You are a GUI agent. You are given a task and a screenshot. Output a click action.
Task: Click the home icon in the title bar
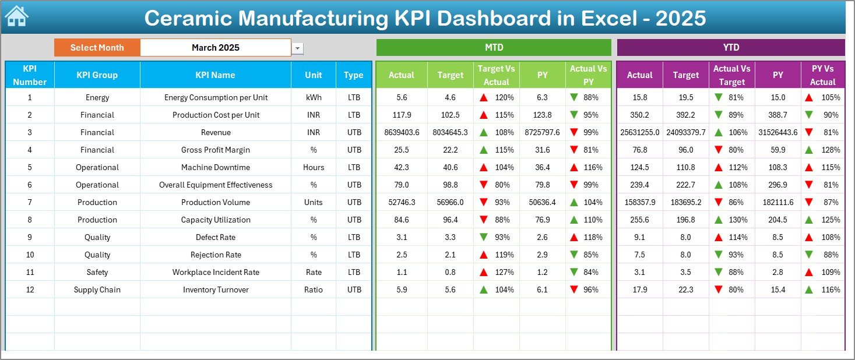click(16, 17)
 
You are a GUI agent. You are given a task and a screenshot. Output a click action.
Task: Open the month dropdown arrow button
click(298, 48)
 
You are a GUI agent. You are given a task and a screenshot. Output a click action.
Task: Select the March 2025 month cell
click(216, 48)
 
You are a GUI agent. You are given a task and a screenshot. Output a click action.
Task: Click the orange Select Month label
click(97, 48)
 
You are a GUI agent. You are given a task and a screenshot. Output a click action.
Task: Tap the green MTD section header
click(494, 47)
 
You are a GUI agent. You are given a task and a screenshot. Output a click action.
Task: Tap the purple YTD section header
click(731, 47)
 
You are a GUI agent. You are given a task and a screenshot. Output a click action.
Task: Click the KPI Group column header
click(97, 75)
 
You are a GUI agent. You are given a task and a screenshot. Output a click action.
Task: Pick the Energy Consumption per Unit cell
click(216, 97)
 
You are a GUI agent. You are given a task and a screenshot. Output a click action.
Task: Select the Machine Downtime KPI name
click(216, 167)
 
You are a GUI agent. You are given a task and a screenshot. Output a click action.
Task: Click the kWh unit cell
click(314, 97)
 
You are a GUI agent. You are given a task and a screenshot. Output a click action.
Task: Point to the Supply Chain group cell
click(97, 290)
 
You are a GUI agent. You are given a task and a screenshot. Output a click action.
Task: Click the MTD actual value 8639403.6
click(402, 132)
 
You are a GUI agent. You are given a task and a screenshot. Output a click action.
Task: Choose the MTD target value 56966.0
click(450, 202)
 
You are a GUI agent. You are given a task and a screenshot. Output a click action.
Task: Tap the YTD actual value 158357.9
click(639, 202)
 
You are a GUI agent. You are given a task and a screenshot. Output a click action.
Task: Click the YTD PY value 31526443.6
click(777, 132)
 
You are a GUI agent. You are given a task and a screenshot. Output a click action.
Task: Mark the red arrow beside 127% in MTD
click(484, 272)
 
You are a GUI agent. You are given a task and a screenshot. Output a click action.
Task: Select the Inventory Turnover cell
click(216, 290)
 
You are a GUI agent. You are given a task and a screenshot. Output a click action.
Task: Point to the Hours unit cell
click(314, 167)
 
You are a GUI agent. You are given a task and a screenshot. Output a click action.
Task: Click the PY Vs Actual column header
click(822, 75)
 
